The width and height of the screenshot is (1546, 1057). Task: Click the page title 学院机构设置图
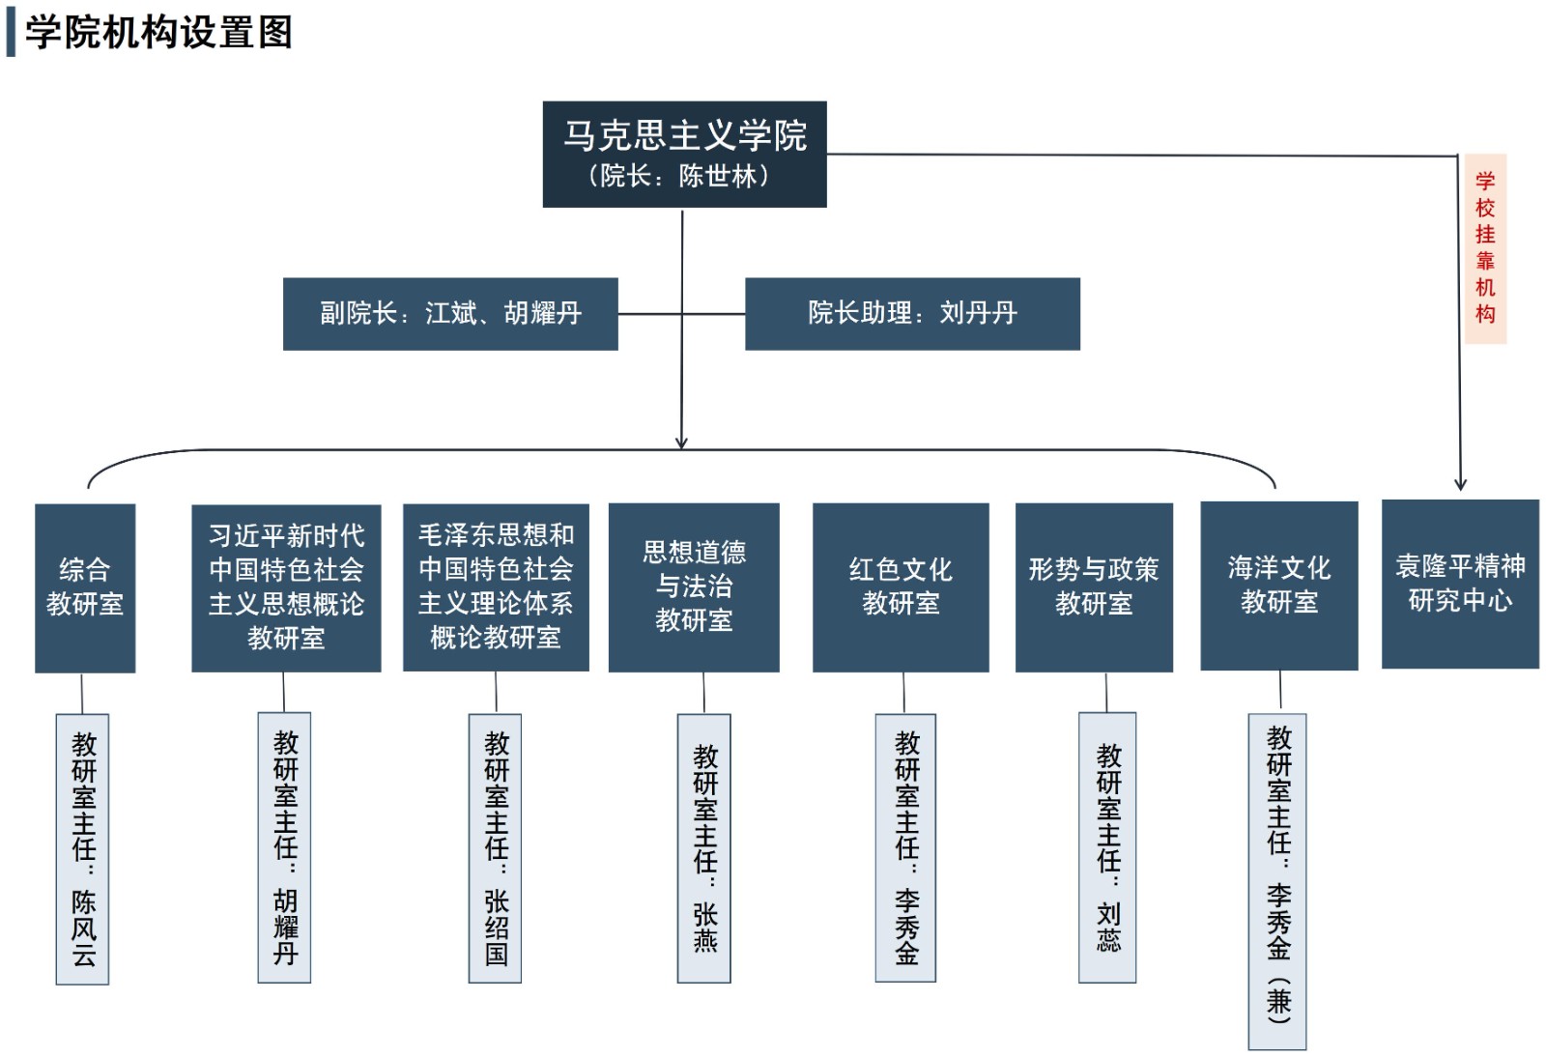(158, 32)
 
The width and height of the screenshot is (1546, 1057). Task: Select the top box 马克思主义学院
(684, 154)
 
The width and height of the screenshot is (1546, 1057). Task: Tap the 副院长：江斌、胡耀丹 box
(450, 313)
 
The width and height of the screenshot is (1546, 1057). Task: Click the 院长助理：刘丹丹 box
(912, 313)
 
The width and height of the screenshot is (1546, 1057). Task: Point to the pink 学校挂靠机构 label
(1485, 248)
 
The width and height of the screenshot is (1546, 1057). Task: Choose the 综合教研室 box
(85, 587)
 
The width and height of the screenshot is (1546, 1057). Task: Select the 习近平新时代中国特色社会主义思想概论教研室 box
(286, 587)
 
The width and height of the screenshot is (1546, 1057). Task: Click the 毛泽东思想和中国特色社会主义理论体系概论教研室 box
(496, 586)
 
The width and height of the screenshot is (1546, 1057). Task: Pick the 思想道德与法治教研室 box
(694, 586)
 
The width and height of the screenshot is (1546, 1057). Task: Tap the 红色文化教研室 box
(901, 586)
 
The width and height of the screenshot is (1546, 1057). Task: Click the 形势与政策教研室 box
(1094, 586)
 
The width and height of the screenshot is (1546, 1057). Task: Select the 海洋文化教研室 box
(1279, 586)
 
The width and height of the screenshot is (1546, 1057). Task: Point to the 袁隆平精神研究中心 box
(1460, 584)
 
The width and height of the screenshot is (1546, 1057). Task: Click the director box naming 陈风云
(83, 848)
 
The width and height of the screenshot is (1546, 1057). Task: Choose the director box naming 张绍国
(496, 847)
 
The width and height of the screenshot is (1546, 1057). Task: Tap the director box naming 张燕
(704, 847)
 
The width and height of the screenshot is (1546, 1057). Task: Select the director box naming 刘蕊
(1107, 847)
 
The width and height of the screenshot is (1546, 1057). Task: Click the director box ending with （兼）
(1277, 881)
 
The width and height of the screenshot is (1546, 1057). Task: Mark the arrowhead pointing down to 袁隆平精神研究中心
(1460, 484)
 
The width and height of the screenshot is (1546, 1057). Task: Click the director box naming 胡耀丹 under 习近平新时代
(284, 847)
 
